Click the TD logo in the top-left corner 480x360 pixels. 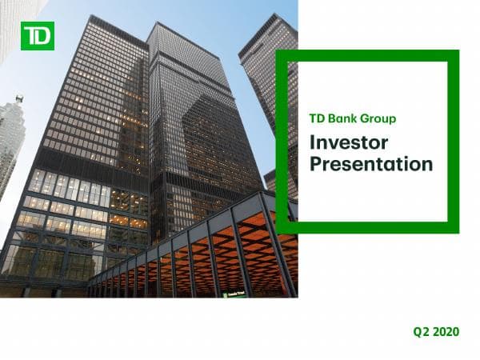[x=38, y=35]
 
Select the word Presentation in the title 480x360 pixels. [x=370, y=166]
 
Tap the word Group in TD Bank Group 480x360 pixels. [x=378, y=119]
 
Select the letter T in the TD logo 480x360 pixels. [x=31, y=35]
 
